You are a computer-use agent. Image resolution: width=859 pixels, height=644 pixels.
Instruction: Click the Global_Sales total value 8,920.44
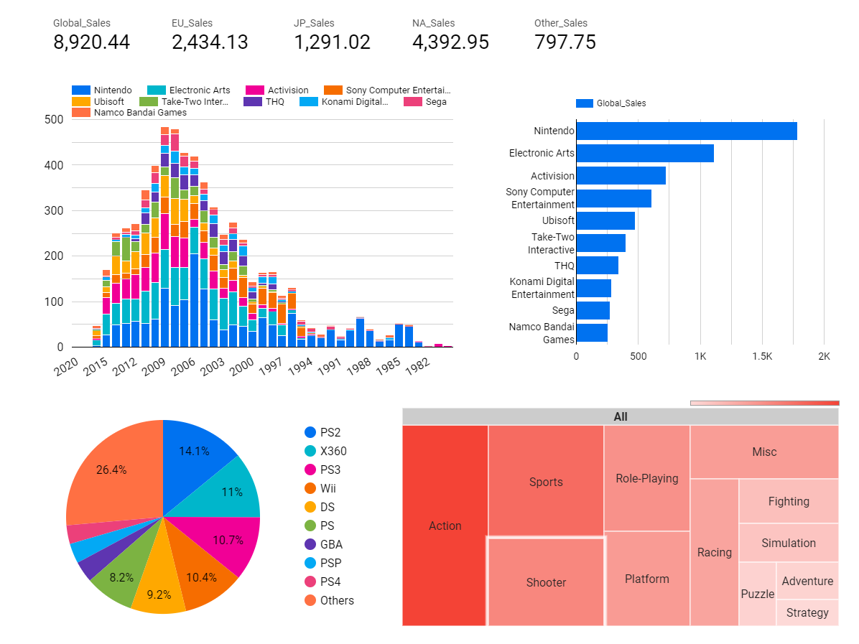coord(91,42)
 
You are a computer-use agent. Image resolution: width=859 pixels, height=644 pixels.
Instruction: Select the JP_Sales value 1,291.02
coord(332,42)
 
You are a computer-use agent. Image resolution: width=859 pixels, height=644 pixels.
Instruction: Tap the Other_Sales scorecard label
coord(560,23)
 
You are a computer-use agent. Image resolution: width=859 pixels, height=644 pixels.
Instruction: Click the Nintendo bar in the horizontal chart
coord(686,131)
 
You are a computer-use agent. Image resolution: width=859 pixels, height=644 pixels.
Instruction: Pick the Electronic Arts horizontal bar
coord(644,153)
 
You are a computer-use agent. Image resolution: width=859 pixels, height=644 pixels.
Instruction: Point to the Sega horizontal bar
coord(593,310)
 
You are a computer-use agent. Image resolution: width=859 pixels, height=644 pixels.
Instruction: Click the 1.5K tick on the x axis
coord(761,356)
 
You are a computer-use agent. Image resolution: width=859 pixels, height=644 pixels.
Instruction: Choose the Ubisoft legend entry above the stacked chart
coord(108,101)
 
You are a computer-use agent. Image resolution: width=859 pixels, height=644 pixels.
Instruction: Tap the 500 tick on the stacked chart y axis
coord(54,119)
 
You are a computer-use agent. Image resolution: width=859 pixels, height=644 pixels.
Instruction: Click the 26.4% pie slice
coord(112,470)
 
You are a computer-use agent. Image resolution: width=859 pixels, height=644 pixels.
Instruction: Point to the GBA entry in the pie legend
coord(330,544)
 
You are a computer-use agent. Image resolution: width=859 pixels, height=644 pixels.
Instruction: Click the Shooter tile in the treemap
coord(546,582)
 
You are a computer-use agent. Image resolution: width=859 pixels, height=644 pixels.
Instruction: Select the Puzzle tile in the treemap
coord(757,594)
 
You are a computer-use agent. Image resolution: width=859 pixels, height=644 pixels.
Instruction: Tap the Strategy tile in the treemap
coord(807,612)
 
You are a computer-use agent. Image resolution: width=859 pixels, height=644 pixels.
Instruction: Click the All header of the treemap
coord(620,416)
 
